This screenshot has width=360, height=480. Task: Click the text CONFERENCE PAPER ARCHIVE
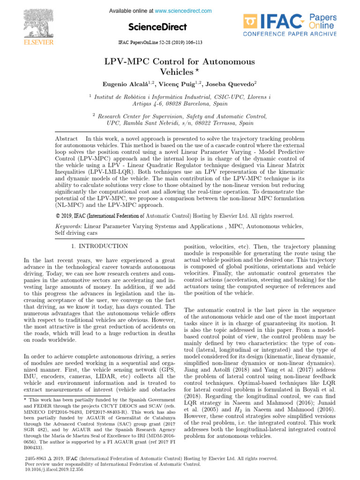290,34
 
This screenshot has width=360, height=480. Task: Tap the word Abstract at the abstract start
66,139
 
